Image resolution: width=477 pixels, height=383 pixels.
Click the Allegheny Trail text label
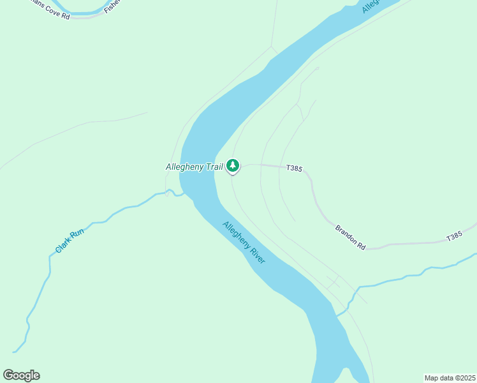[x=194, y=167]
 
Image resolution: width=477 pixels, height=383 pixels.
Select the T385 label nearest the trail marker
[x=294, y=169]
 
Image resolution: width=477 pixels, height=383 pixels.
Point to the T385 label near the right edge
[x=453, y=236]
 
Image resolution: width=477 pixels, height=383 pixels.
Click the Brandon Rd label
[x=350, y=236]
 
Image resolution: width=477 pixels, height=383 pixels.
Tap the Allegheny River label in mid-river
[x=244, y=242]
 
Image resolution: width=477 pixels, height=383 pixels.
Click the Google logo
[x=21, y=375]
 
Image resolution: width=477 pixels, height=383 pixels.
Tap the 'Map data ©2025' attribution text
[x=449, y=378]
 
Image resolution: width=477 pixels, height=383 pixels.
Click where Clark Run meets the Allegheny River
[x=183, y=193]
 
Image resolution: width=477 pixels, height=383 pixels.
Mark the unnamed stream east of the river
[x=408, y=276]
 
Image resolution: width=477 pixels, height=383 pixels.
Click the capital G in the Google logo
[x=8, y=375]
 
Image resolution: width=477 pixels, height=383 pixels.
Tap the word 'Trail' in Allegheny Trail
[x=214, y=167]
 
